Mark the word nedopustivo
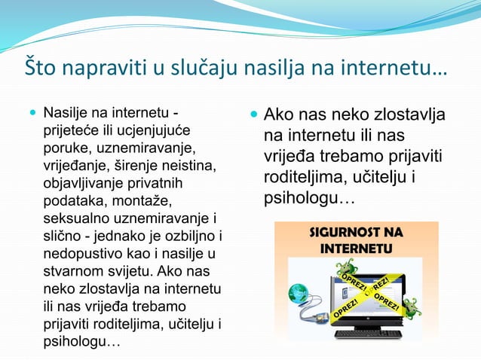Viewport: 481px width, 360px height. (80, 252)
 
